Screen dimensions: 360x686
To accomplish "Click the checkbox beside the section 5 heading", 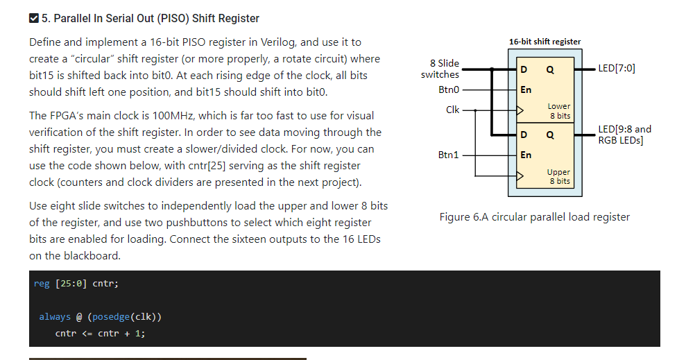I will click(34, 18).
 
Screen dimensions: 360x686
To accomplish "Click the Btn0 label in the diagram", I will click(449, 89).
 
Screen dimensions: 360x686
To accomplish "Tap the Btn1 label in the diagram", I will click(449, 155).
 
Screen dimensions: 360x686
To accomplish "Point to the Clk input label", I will click(452, 110).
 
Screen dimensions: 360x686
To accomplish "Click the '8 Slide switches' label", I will click(440, 69).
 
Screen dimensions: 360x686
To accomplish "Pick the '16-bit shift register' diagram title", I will click(544, 42).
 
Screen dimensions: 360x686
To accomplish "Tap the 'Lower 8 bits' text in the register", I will click(559, 111).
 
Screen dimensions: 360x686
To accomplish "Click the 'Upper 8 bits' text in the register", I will click(558, 176).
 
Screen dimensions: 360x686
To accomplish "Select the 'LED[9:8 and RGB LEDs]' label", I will click(624, 135).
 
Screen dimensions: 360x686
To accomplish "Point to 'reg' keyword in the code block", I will click(42, 283).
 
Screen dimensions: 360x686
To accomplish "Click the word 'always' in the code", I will click(55, 317).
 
